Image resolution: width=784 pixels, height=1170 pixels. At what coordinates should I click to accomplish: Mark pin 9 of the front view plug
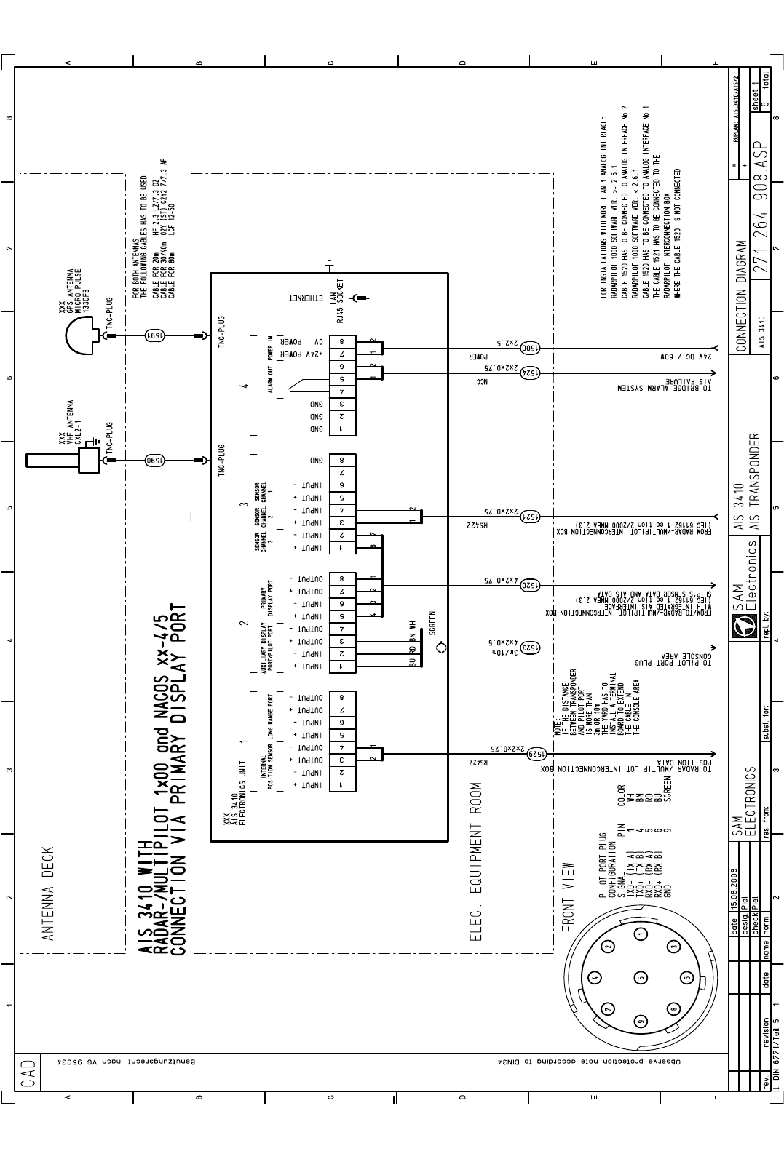pos(641,1020)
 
